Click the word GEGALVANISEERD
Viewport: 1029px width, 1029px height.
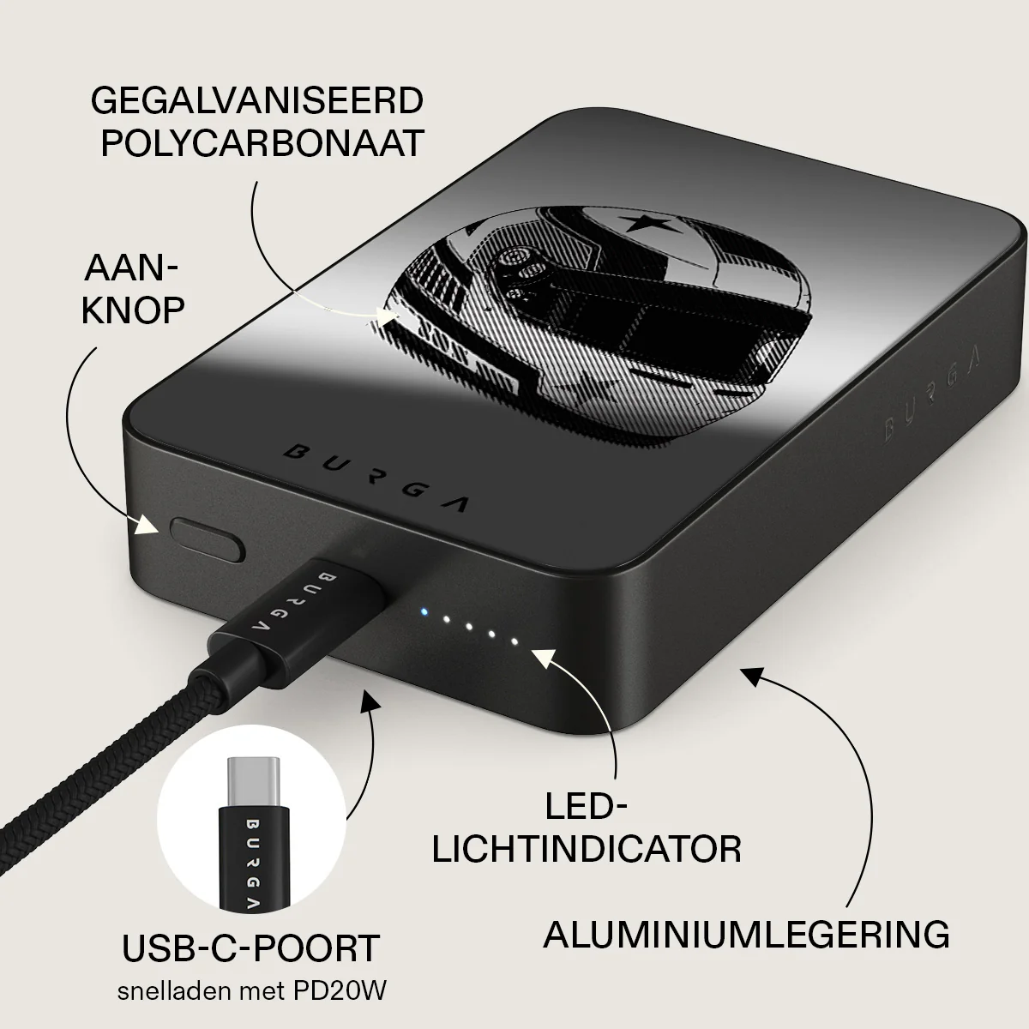pos(257,100)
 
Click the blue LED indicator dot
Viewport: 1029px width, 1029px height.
pos(424,611)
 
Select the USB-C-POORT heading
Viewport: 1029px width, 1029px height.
pos(250,948)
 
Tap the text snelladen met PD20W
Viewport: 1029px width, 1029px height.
pos(251,991)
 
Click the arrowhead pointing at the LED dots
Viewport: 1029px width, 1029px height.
pos(544,658)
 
